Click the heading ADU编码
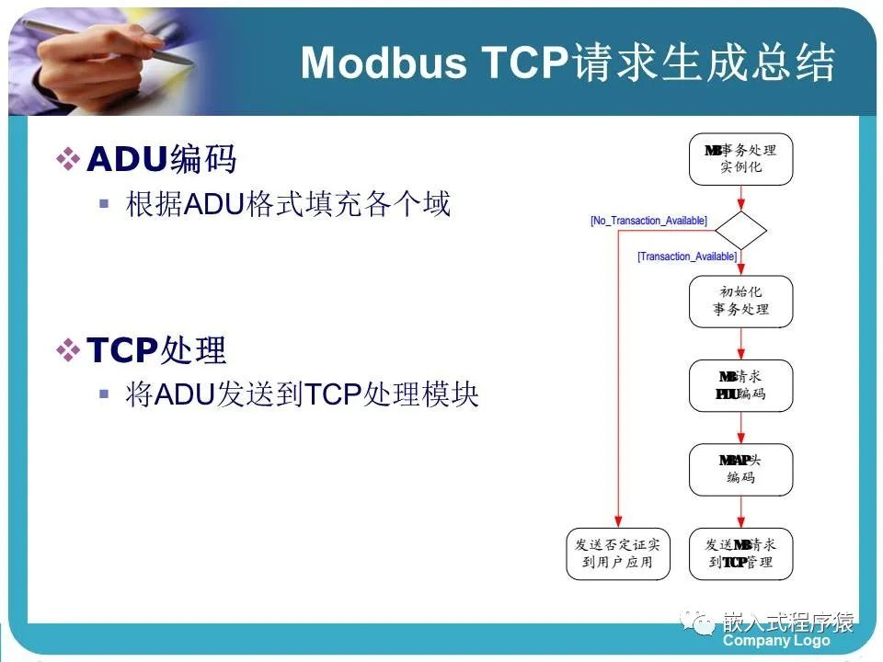pos(161,159)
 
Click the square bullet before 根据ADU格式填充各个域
pos(104,203)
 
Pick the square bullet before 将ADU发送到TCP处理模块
pos(104,394)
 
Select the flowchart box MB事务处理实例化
pos(740,159)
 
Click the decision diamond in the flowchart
pos(740,230)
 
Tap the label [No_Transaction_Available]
pos(648,221)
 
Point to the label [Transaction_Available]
pos(687,257)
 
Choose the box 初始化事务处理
pos(740,301)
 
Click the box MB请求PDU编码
pos(740,385)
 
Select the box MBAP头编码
pos(740,470)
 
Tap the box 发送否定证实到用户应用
pos(618,554)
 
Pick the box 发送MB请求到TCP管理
pos(740,554)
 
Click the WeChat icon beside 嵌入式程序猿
pos(704,624)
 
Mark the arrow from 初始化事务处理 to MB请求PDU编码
pos(740,343)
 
